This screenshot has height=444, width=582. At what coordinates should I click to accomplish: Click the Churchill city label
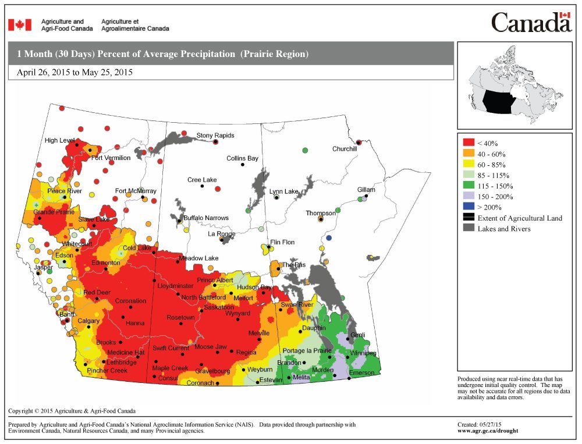pyautogui.click(x=344, y=149)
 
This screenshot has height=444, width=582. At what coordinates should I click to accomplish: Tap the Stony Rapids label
pyautogui.click(x=215, y=136)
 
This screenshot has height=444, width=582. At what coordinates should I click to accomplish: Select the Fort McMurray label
pyautogui.click(x=135, y=191)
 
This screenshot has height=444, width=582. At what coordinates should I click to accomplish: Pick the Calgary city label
pyautogui.click(x=88, y=321)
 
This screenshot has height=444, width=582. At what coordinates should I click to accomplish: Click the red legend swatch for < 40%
pyautogui.click(x=469, y=143)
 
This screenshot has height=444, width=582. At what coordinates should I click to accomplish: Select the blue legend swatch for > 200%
pyautogui.click(x=469, y=207)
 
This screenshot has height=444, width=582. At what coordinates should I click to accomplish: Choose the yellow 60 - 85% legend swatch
pyautogui.click(x=469, y=164)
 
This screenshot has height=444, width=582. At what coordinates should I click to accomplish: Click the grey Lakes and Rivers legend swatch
pyautogui.click(x=469, y=229)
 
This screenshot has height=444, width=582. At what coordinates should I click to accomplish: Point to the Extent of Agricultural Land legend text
pyautogui.click(x=520, y=218)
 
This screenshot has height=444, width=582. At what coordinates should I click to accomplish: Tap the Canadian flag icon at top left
pyautogui.click(x=19, y=25)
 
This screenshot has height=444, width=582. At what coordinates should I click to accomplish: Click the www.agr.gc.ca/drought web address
pyautogui.click(x=488, y=431)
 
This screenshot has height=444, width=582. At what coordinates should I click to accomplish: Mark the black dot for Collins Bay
pyautogui.click(x=242, y=165)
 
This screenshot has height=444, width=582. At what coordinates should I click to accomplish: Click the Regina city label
pyautogui.click(x=246, y=353)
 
